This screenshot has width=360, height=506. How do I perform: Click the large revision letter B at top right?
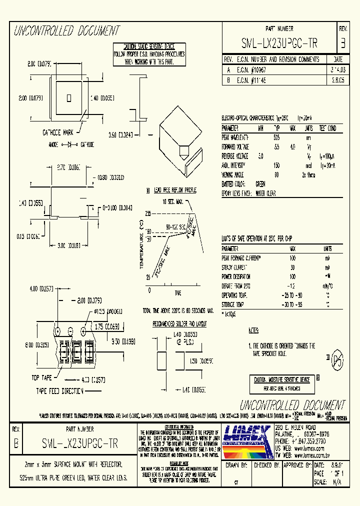pyautogui.click(x=342, y=43)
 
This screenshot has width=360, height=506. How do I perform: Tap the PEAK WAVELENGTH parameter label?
pyautogui.click(x=235, y=136)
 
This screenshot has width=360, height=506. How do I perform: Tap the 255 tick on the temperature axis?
pyautogui.click(x=148, y=213)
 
